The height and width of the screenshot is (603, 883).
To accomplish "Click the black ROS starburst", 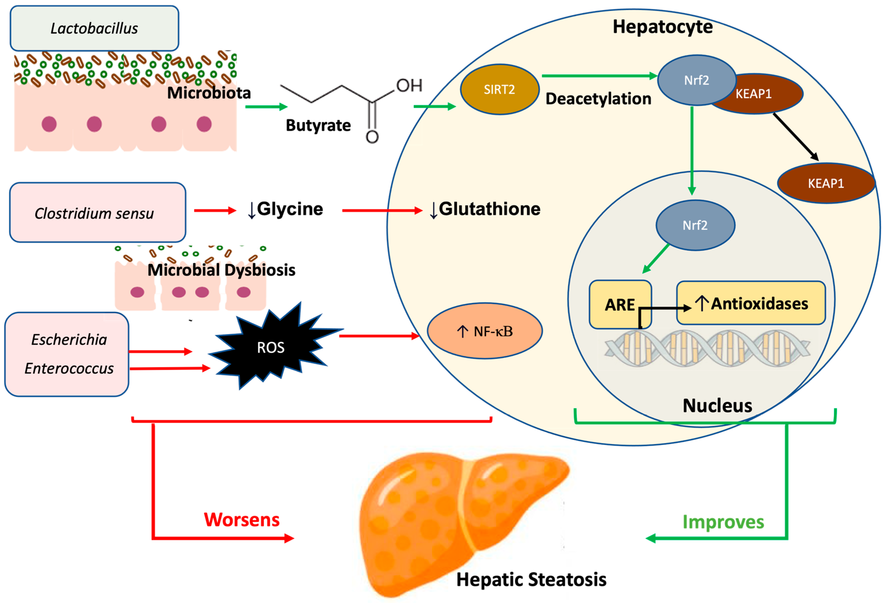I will click(270, 348).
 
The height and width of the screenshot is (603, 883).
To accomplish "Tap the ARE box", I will click(620, 304).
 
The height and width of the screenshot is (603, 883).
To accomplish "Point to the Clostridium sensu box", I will click(97, 213).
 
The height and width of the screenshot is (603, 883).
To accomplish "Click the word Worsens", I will click(242, 520).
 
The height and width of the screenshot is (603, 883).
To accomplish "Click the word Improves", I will click(723, 522).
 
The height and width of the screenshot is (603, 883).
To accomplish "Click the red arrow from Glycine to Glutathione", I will click(382, 210).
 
